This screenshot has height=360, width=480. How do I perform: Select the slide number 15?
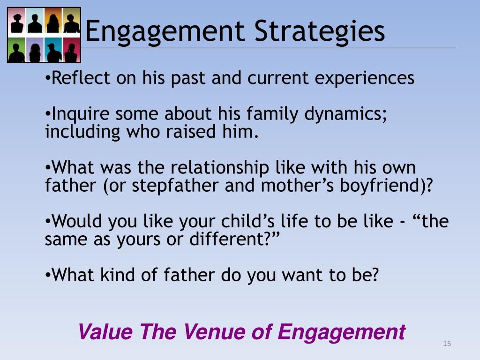coord(446,345)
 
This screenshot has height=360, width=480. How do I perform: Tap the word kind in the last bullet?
coord(115,275)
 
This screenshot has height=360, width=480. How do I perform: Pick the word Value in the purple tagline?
coord(106,332)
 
